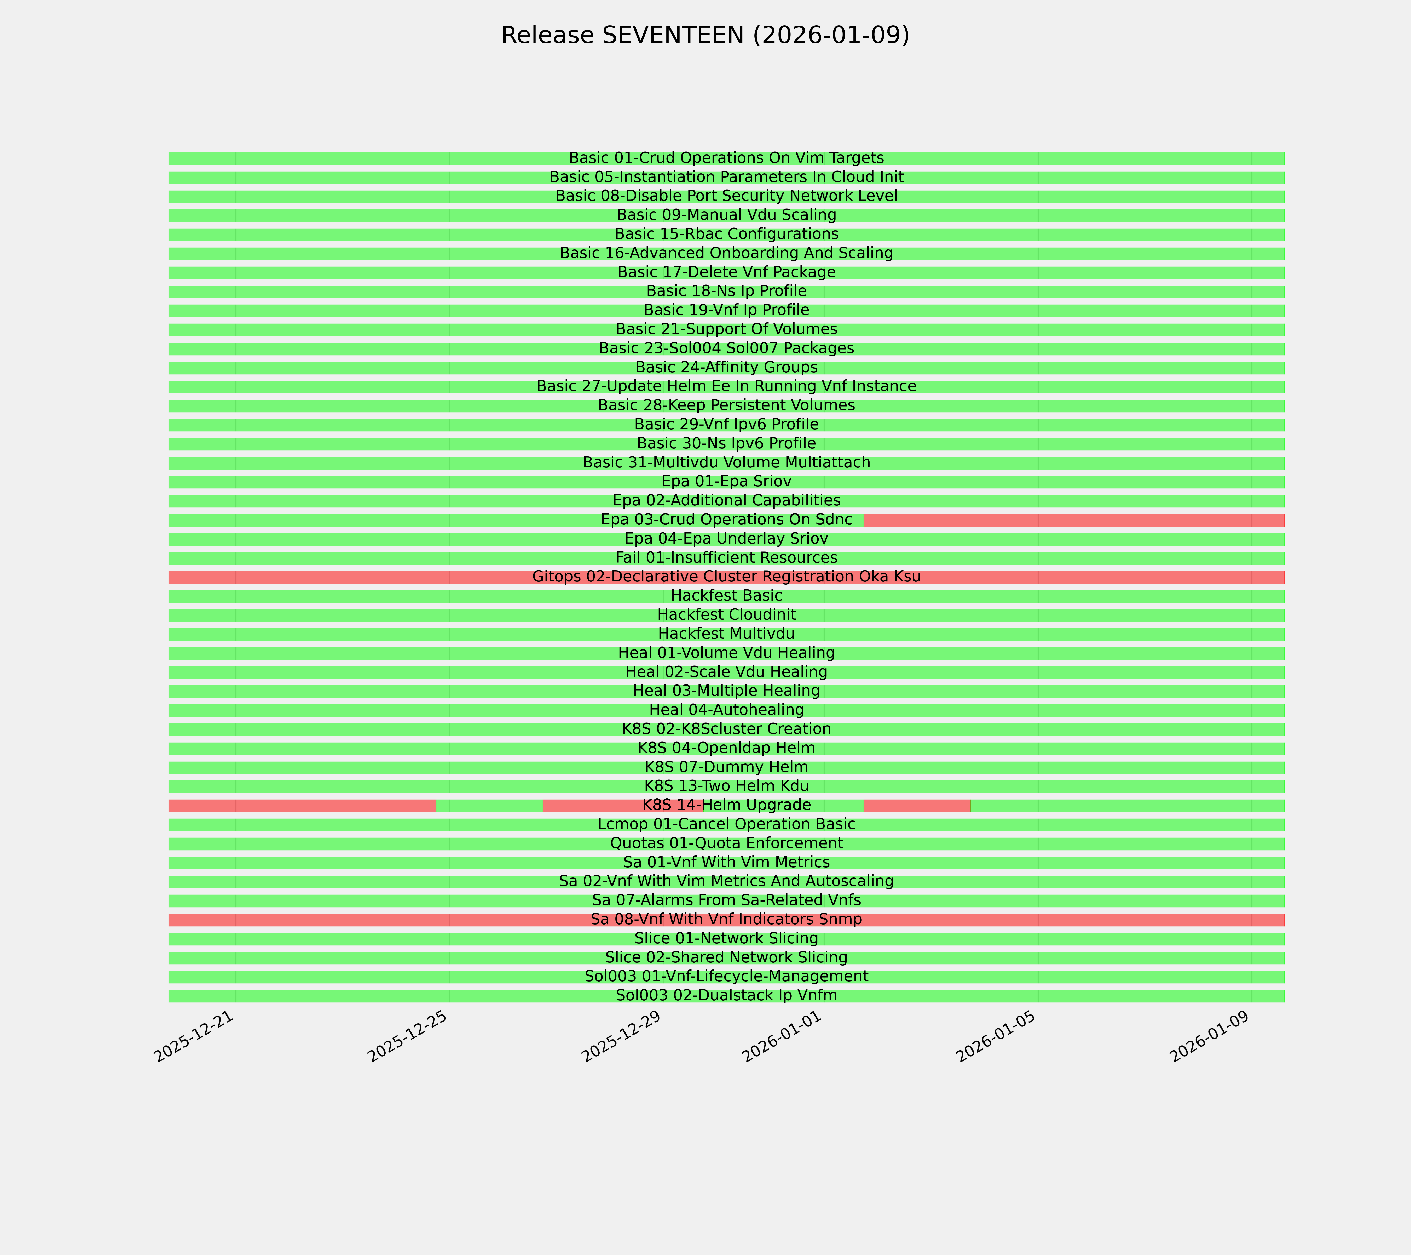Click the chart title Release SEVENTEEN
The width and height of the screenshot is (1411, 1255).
[x=705, y=35]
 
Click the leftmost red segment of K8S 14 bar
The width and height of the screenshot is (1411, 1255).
[x=302, y=805]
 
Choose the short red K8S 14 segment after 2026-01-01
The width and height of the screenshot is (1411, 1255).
[x=917, y=805]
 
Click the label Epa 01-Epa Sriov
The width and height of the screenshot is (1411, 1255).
[x=726, y=481]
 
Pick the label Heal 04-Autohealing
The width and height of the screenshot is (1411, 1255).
[x=726, y=710]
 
